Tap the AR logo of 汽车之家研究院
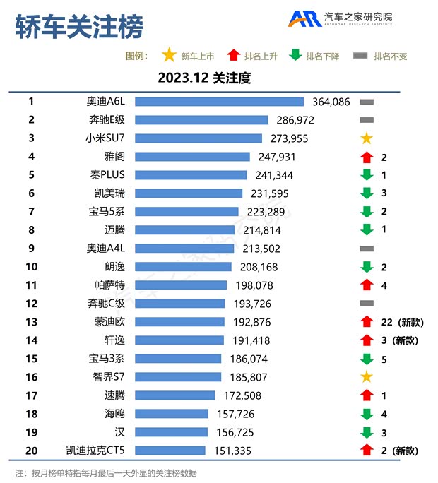304,19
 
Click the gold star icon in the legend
169,56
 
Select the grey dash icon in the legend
360,56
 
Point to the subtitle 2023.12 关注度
204,78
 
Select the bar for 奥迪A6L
219,102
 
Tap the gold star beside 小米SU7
366,138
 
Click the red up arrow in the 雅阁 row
366,157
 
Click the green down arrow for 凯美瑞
366,193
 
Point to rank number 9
31,248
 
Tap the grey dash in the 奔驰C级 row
366,303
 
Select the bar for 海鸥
172,413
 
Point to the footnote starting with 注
106,472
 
